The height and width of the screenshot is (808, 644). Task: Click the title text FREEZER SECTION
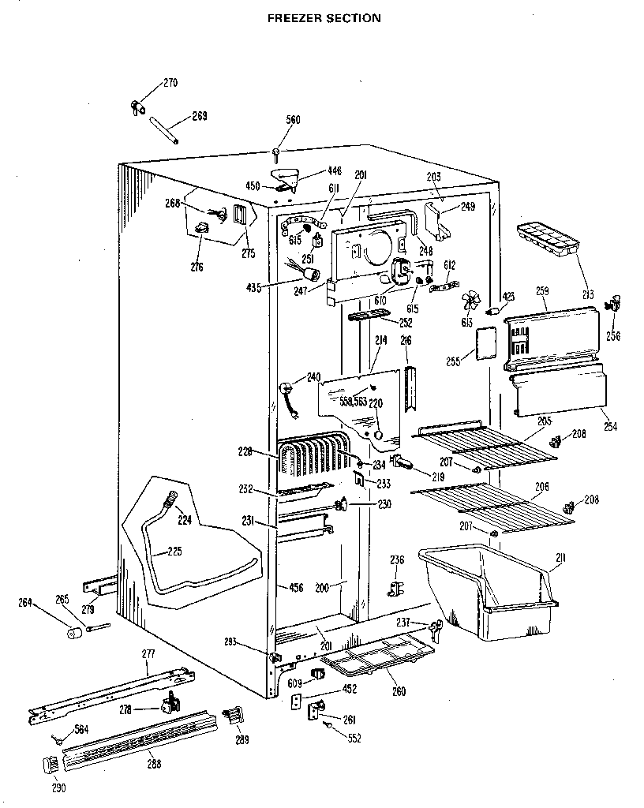tap(323, 17)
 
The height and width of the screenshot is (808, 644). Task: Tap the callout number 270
tap(170, 82)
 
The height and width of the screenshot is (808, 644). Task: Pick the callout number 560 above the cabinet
tap(293, 120)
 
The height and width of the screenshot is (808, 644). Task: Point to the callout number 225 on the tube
tap(174, 552)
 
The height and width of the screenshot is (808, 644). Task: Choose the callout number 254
tap(611, 426)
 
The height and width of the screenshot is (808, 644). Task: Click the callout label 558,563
tap(354, 401)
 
